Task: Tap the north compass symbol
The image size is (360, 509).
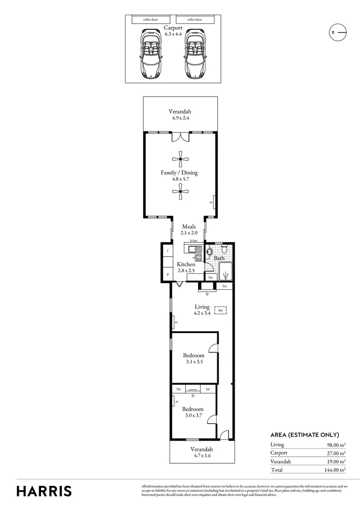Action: coord(337,32)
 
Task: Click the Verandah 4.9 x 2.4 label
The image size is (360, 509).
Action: coord(180,115)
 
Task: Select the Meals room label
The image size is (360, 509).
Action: coord(188,230)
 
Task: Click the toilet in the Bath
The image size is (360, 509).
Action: coord(224,248)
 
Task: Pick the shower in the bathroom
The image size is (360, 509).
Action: coord(225,272)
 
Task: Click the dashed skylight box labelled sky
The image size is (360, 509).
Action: coord(220,310)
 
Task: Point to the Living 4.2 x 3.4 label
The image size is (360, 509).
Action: coord(201,310)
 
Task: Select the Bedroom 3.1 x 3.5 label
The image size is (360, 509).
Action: coord(194,358)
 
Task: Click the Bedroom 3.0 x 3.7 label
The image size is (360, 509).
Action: coord(193,412)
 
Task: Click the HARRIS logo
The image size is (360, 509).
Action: coord(44,491)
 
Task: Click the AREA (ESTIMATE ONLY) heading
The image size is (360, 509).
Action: coord(304,435)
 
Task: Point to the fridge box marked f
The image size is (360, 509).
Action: coord(167,251)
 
